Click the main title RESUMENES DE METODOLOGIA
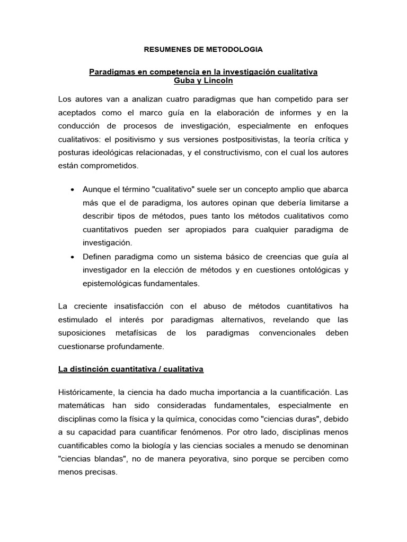[203, 50]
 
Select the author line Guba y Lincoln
[203, 81]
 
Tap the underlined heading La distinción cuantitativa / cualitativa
[131, 369]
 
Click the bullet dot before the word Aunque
[72, 189]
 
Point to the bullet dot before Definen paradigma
[72, 257]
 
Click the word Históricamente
[85, 393]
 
